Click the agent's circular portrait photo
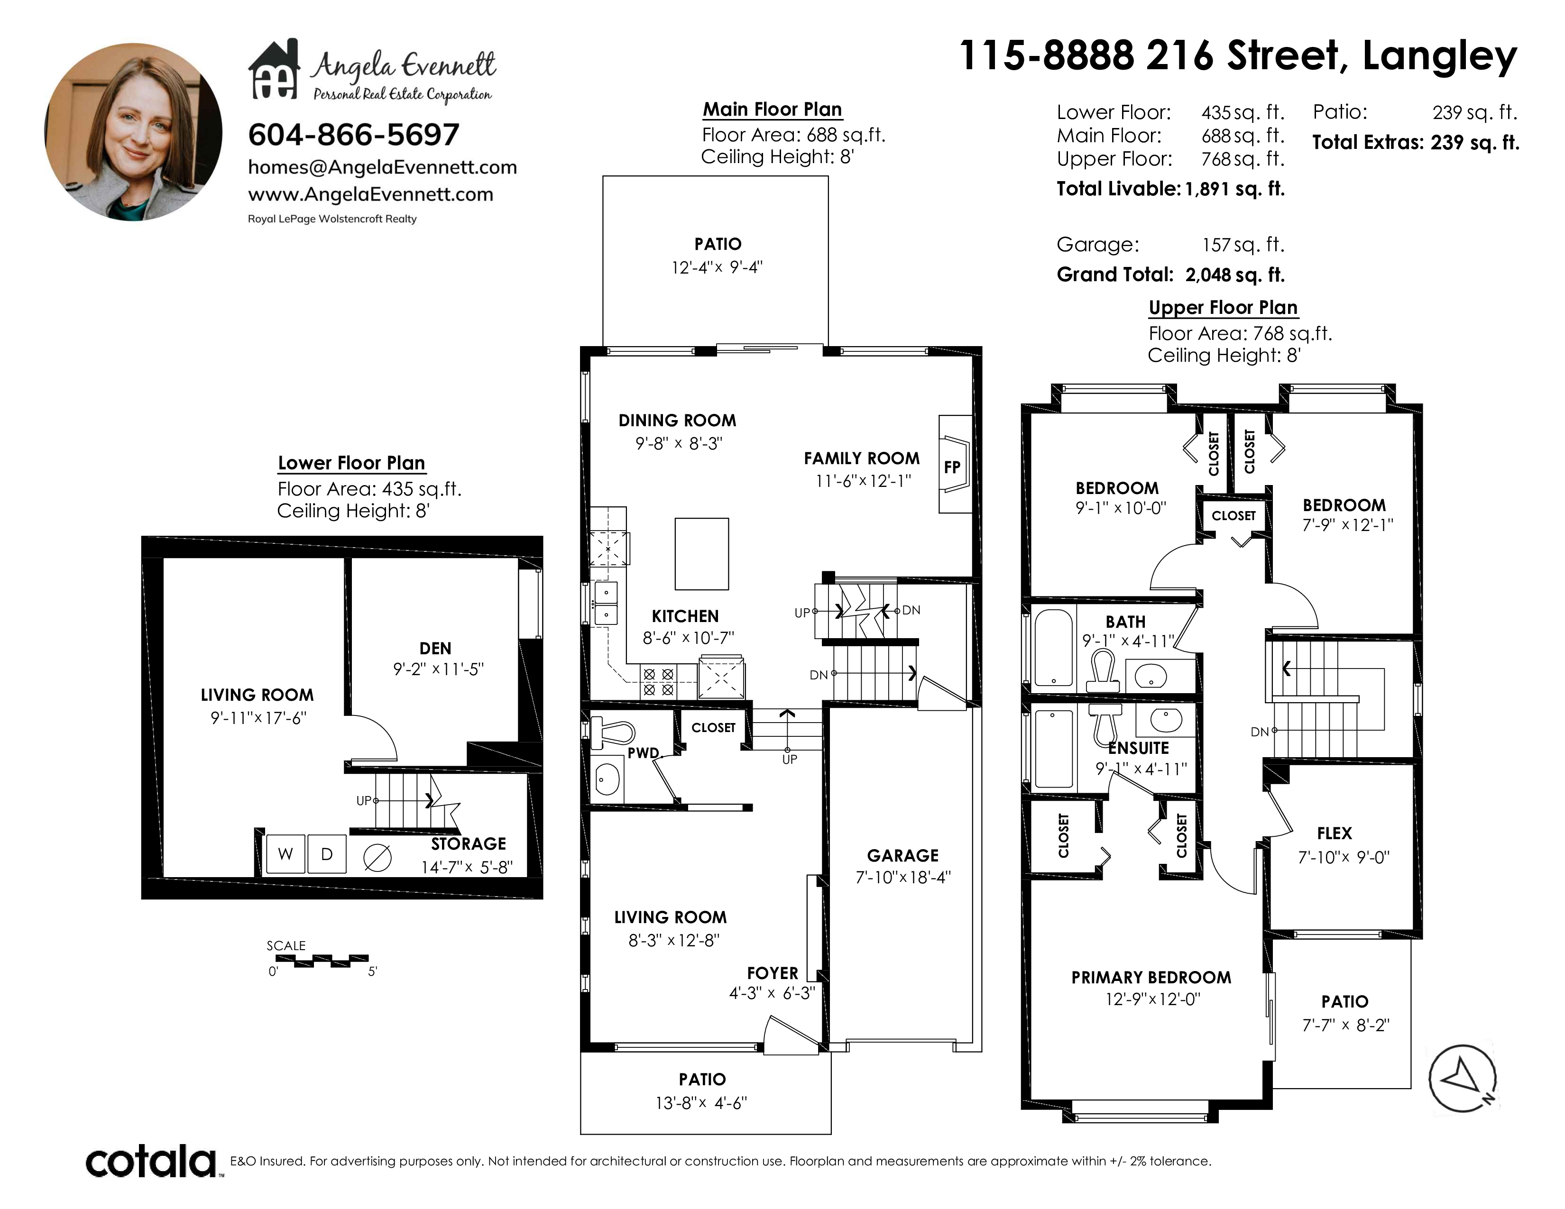[133, 132]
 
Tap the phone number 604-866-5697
[353, 135]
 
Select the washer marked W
[285, 854]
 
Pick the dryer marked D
[327, 854]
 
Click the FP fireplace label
[952, 467]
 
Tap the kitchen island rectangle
[701, 554]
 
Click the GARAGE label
[903, 855]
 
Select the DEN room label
[435, 648]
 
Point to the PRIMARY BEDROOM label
[1151, 978]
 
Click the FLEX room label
[1334, 833]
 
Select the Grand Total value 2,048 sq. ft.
[1234, 275]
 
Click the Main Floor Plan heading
[772, 110]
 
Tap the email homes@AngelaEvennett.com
[382, 167]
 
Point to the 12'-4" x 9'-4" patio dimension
[717, 267]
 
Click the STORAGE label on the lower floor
[468, 844]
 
